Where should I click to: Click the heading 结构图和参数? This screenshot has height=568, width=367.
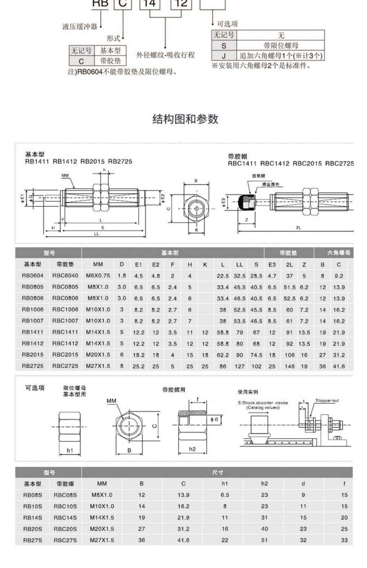(185, 119)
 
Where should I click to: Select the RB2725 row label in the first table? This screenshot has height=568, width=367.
(33, 366)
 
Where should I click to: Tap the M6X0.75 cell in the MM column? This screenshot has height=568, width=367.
(98, 276)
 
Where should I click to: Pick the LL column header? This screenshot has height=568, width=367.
(239, 264)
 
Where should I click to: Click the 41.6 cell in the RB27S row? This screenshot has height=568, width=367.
(183, 540)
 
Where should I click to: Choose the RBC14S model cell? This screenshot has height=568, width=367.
(65, 518)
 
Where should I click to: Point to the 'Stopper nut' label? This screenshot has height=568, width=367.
(327, 401)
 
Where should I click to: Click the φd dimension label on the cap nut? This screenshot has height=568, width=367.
(214, 419)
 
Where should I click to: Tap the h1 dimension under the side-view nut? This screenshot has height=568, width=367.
(70, 450)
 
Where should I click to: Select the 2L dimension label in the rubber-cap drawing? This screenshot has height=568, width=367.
(298, 227)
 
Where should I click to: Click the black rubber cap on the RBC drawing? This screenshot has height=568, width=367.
(244, 202)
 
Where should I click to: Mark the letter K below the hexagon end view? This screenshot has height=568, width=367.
(197, 230)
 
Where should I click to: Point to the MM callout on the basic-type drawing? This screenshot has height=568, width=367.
(65, 175)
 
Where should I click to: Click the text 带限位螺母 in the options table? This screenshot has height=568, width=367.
(281, 46)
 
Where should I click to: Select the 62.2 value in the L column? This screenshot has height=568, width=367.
(223, 355)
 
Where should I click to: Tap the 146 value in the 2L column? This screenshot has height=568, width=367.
(289, 366)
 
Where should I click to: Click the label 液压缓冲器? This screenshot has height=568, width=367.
(80, 27)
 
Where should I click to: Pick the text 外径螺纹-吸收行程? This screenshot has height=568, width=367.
(165, 55)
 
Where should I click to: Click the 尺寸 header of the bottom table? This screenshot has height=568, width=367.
(218, 472)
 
